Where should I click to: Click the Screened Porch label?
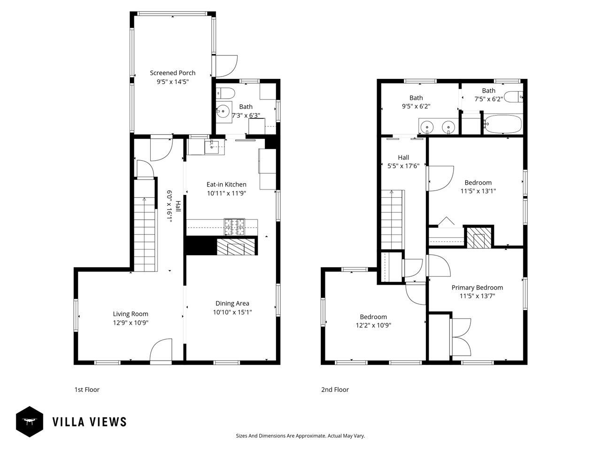tap(172, 73)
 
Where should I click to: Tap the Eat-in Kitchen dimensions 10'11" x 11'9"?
tap(226, 193)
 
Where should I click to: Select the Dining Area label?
tap(232, 303)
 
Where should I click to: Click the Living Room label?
tap(130, 314)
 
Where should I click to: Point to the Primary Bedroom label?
tap(477, 288)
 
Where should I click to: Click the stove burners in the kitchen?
tap(234, 227)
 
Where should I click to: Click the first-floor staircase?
tap(144, 233)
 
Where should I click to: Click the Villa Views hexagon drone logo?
tap(30, 421)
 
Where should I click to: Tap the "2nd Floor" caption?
tap(335, 389)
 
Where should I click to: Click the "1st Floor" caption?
tap(87, 389)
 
